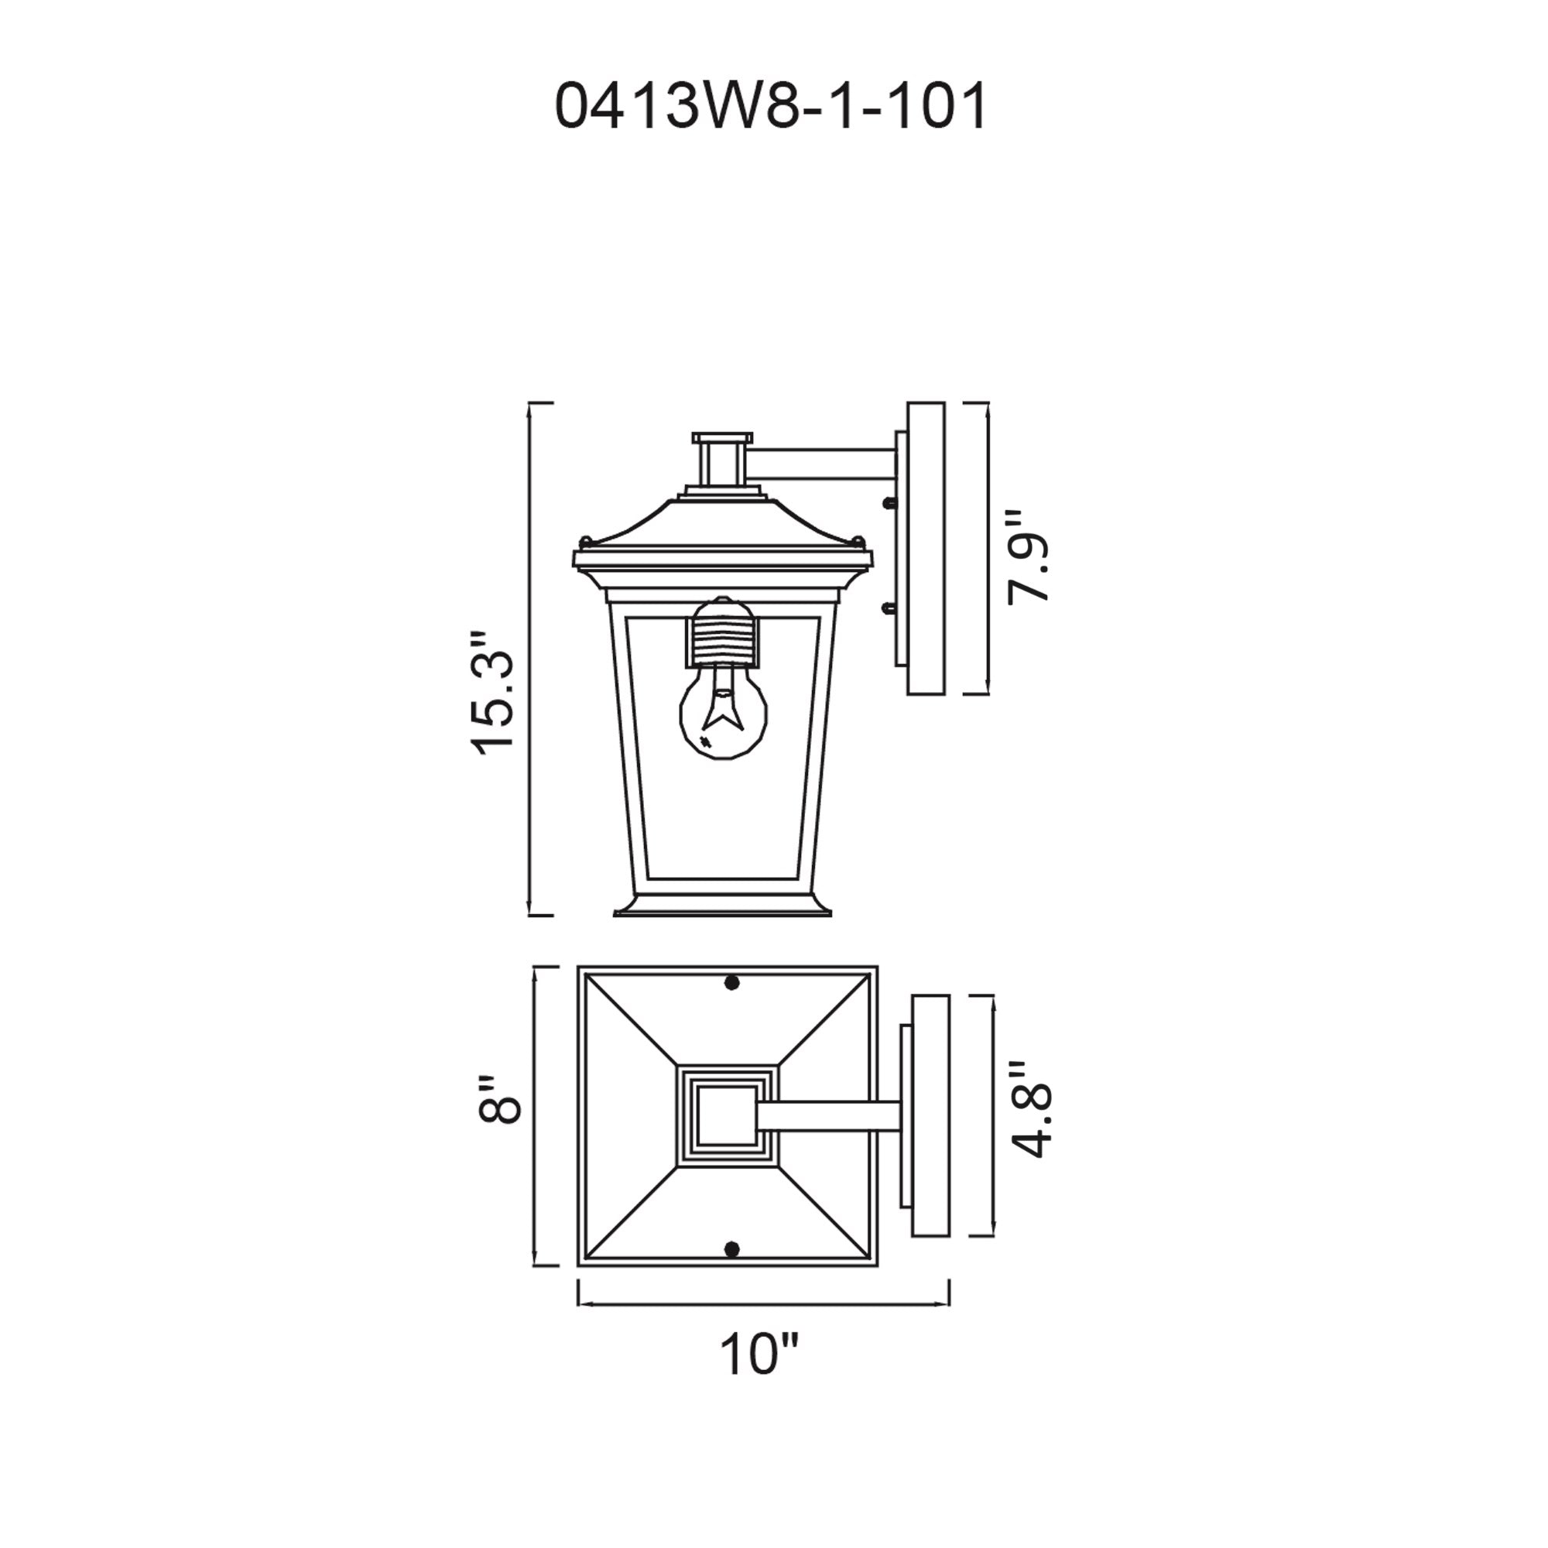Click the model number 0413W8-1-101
(771, 107)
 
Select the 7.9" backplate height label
(1027, 555)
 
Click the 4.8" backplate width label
(1027, 1110)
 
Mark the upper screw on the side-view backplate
(888, 503)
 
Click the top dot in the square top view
(731, 982)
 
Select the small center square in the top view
(728, 1115)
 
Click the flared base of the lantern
(724, 906)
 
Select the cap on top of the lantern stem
(723, 438)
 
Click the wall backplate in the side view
(926, 548)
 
